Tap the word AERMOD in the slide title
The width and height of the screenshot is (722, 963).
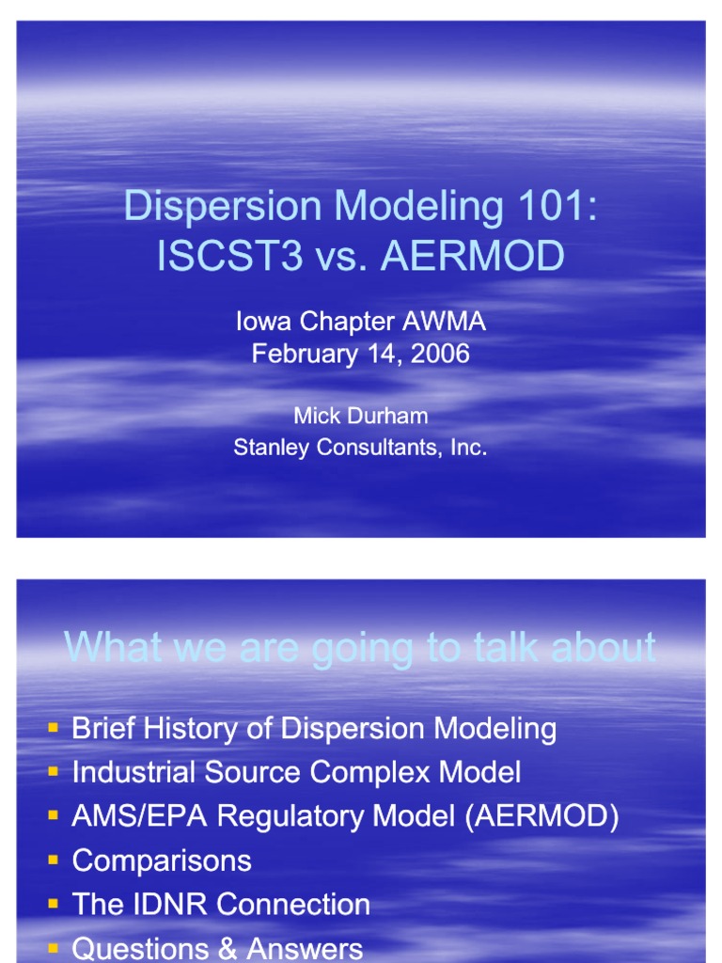pos(473,256)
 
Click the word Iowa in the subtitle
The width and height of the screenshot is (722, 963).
pos(264,322)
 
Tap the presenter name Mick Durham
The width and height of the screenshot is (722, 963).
pos(360,416)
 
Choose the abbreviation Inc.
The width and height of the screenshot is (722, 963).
pos(468,448)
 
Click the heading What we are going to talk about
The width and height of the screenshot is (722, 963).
pos(360,648)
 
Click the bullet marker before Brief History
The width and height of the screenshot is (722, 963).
pos(54,728)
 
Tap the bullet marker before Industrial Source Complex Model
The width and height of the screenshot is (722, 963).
pos(54,772)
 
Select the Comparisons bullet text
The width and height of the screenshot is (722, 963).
pos(162,860)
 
